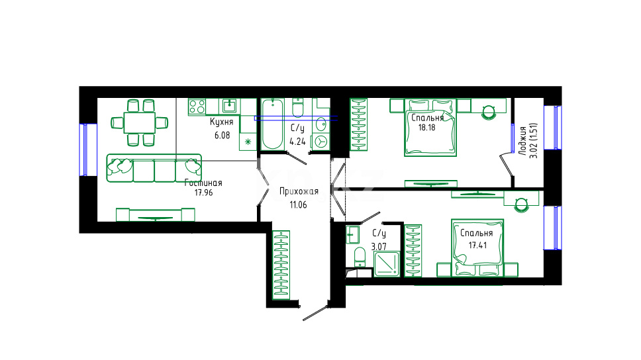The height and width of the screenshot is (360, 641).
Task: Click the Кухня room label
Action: click(222, 122)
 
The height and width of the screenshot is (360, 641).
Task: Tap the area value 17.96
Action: click(203, 193)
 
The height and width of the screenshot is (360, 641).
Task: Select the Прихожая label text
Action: click(299, 191)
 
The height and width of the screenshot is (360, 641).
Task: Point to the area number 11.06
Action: click(299, 204)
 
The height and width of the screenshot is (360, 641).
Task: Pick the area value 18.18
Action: click(427, 127)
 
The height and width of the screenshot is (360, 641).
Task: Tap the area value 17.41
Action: click(477, 245)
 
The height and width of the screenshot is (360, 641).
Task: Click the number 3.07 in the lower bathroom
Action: click(379, 247)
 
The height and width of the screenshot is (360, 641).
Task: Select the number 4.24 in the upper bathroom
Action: click(297, 142)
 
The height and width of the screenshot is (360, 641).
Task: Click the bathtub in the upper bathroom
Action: click(272, 124)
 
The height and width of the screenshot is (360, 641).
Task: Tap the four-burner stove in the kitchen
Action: click(197, 107)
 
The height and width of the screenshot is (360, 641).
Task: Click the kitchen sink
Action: click(229, 106)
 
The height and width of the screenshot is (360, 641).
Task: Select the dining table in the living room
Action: click(140, 122)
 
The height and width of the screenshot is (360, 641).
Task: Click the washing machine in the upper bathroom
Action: click(321, 142)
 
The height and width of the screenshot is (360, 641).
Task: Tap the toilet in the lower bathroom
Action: click(360, 257)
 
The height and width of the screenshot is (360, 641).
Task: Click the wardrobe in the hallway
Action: click(281, 265)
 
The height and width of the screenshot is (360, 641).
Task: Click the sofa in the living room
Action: click(154, 168)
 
